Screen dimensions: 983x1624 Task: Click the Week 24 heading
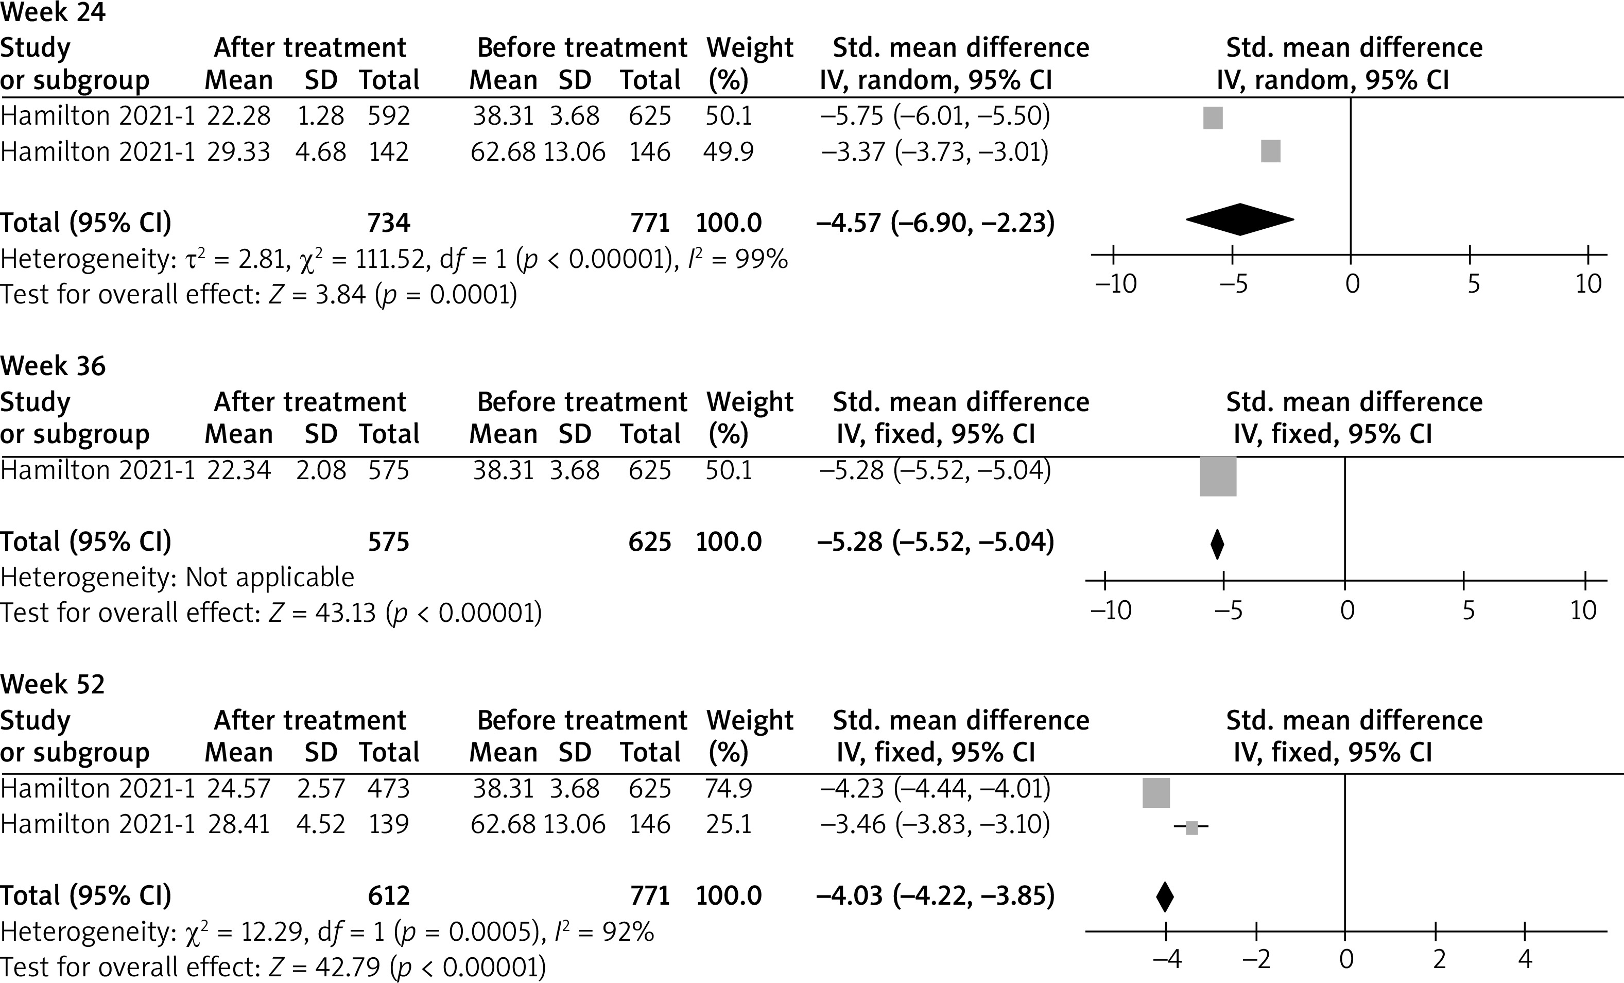point(53,13)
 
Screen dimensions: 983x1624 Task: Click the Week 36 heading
point(53,366)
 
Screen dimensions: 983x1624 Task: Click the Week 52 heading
point(53,684)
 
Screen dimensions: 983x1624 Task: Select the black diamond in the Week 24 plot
point(1240,219)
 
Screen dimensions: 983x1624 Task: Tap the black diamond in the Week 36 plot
point(1217,544)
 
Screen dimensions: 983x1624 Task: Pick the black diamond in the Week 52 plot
point(1165,896)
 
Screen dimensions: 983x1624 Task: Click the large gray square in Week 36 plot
point(1218,476)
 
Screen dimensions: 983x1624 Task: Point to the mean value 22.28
point(238,116)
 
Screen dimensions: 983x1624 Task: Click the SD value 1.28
point(320,116)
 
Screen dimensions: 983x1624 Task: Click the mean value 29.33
point(238,151)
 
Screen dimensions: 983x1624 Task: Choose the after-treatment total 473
point(389,788)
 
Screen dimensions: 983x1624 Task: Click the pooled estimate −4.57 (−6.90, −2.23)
point(935,223)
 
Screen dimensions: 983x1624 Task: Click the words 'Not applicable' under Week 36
point(270,577)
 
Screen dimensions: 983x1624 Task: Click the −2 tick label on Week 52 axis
point(1256,959)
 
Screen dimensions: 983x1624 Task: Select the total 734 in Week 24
point(389,223)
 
